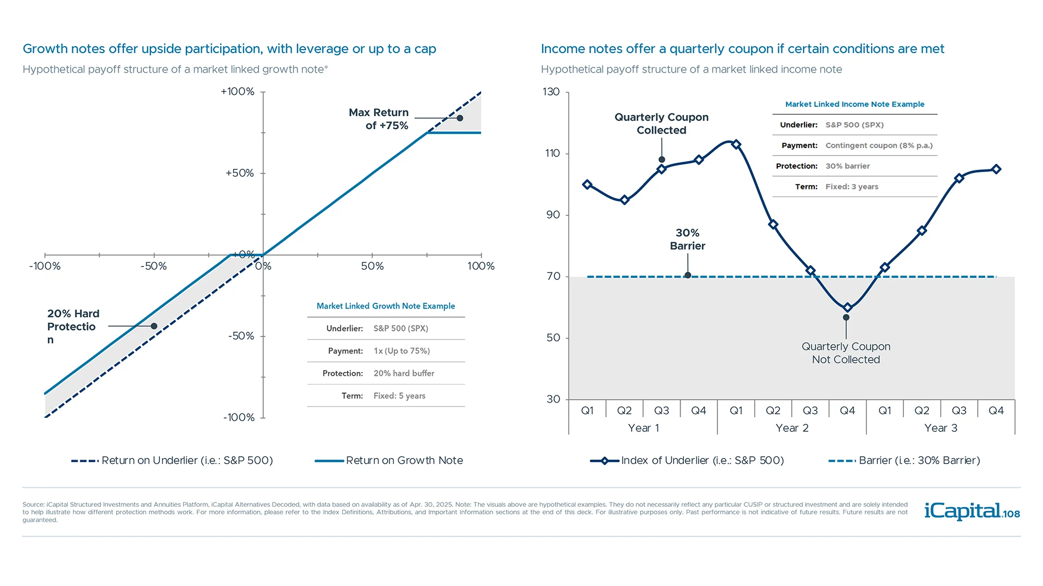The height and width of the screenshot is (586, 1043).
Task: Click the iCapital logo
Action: (x=971, y=511)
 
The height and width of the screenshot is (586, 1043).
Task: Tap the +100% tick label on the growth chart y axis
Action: (x=237, y=92)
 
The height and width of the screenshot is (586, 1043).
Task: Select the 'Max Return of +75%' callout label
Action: (x=379, y=119)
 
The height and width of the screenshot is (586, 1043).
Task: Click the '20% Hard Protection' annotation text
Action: (x=73, y=326)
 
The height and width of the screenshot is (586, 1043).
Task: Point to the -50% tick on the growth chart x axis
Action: (x=154, y=266)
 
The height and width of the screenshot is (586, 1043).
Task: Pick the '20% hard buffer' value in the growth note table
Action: (x=404, y=373)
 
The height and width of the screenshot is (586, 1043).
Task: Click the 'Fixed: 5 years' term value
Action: (x=399, y=396)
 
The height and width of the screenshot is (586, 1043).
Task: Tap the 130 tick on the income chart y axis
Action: (x=551, y=92)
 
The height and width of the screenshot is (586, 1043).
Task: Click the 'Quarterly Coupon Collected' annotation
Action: (x=661, y=124)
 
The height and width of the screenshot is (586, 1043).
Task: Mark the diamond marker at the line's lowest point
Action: (x=847, y=308)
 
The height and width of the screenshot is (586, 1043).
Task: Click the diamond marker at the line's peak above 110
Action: (x=736, y=144)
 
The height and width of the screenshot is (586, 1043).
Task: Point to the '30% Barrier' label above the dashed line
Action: (x=687, y=239)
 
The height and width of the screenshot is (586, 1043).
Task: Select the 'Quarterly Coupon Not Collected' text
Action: (x=846, y=353)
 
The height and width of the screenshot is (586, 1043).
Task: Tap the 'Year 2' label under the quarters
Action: (x=792, y=428)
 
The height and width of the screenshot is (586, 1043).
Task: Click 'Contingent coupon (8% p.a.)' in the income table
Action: (x=878, y=145)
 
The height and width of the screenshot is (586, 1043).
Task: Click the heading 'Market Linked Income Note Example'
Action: (x=854, y=104)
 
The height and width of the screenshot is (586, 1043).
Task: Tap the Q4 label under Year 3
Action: (x=996, y=411)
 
